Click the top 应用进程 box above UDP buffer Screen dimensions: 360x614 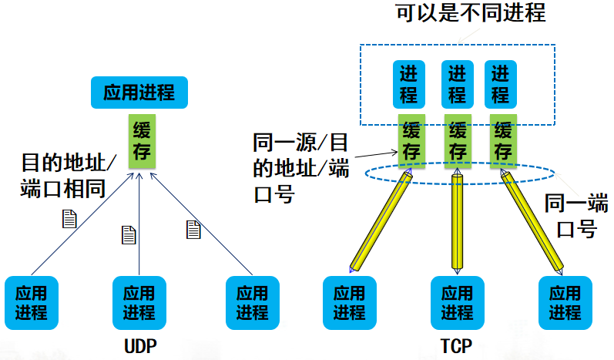coord(139,93)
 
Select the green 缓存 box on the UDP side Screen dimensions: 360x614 coord(140,140)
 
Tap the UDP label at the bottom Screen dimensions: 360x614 coord(139,345)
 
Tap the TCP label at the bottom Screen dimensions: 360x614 coord(457,345)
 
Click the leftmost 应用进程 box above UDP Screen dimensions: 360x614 coord(31,303)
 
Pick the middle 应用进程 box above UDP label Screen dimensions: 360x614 coord(139,303)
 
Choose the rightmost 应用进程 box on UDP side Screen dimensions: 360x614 coord(252,303)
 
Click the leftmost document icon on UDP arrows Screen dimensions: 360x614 coord(70,219)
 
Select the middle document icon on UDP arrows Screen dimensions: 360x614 coord(129,234)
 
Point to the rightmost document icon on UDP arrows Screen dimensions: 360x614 coord(193,228)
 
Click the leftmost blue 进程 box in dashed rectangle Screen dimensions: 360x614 coord(409,84)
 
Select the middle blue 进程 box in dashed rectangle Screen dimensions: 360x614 coord(458,84)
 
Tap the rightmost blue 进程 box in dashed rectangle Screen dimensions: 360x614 coord(500,84)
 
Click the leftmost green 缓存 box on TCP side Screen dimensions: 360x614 coord(411,141)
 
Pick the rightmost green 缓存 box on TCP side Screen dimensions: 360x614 coord(502,141)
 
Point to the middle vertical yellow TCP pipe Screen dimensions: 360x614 coord(458,224)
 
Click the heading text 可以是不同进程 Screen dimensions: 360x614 coord(470,14)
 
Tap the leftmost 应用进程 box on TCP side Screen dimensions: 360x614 coord(350,303)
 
